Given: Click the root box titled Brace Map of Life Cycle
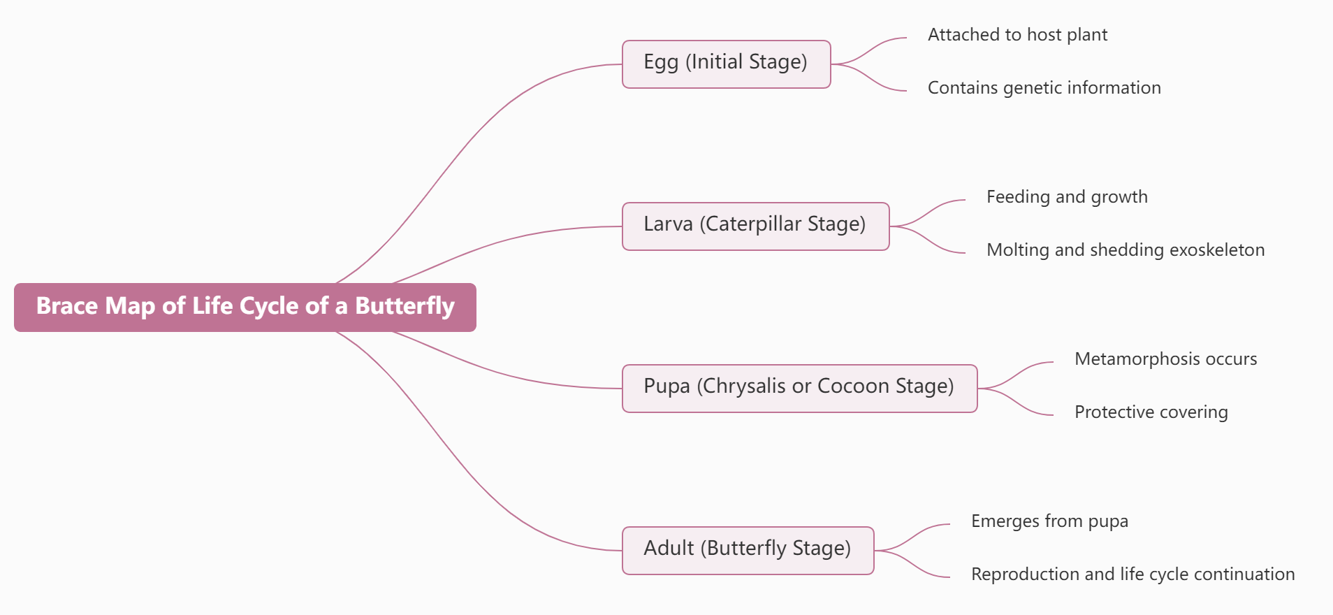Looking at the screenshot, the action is [245, 307].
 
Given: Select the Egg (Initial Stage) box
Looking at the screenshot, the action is [727, 64].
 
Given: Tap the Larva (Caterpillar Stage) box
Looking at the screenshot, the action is [756, 226].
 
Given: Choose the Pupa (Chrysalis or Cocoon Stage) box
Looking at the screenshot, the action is [800, 389].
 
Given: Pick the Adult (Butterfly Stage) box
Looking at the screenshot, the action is [748, 551].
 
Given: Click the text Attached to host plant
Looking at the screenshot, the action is [1017, 35].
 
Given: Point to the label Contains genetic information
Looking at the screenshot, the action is [1044, 88].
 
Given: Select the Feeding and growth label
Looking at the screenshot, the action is [1067, 197].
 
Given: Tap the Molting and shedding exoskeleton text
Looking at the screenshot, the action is [1126, 250].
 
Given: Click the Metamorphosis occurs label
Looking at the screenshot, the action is [1166, 359].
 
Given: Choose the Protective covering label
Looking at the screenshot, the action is [1151, 412].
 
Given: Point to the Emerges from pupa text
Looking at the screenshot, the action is [1049, 521].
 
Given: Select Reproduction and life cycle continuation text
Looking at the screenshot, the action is [1133, 574].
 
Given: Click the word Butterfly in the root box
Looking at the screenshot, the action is [405, 307].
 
